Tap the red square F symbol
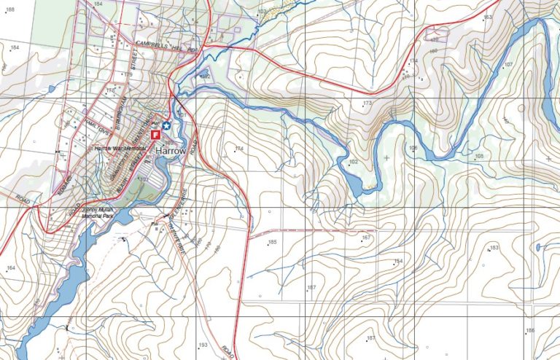pos(155,136)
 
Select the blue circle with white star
pos(166,125)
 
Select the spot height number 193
pos(203,344)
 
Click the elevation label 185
pos(273,242)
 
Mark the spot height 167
pos(366,238)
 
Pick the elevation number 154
pos(398,261)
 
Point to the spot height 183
pos(494,249)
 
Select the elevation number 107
pos(508,65)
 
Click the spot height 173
pos(367,104)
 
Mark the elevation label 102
pos(354,161)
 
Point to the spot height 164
pos(10,268)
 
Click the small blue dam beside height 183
pos(538,247)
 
